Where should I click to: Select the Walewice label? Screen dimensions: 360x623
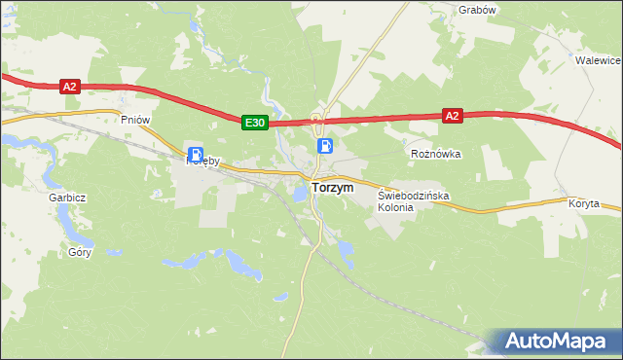coord(598,59)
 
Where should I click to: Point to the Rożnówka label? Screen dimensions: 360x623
coord(435,154)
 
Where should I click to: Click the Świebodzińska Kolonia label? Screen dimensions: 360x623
coord(414,196)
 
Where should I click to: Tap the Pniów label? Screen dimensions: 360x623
coord(134,120)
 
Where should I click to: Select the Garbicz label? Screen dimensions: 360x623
coord(68,198)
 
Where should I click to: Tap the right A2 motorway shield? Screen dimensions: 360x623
coord(451,115)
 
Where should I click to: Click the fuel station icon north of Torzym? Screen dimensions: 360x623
coord(325,146)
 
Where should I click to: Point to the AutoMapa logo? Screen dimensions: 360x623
coord(556,342)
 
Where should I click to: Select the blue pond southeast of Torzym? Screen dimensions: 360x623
coord(345,250)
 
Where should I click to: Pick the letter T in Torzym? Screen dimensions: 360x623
coord(315,188)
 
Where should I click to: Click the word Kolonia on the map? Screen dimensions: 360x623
coord(389,208)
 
